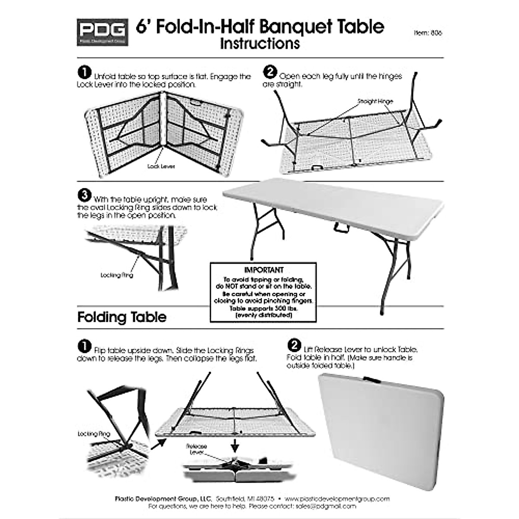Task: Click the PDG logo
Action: coord(102,32)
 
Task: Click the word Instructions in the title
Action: coord(259,44)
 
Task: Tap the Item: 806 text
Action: coord(428,32)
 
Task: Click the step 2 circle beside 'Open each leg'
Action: coord(269,72)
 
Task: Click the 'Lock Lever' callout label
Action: coord(161,166)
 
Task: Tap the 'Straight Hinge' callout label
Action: coord(375,101)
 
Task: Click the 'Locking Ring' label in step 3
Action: coord(116,275)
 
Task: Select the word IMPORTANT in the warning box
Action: coord(263,270)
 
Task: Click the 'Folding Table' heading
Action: coord(122,317)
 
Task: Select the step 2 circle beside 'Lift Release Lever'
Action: coord(294,345)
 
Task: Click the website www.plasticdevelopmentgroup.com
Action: coord(337,499)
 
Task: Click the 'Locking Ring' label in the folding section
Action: coord(94,434)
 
